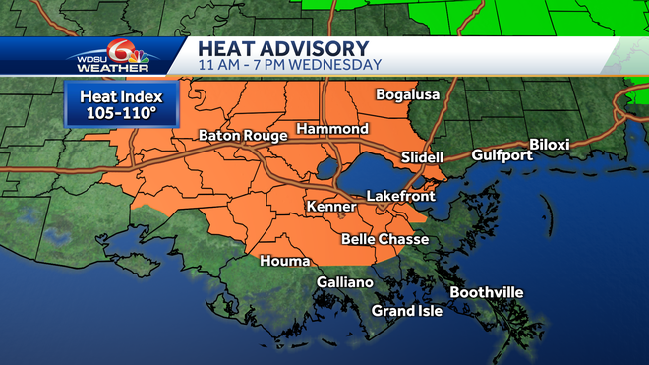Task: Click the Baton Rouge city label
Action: click(x=243, y=135)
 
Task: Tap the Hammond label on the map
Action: click(x=331, y=129)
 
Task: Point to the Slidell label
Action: click(x=423, y=157)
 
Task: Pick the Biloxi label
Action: click(x=549, y=144)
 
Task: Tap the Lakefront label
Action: click(x=400, y=197)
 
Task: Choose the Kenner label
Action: click(x=330, y=208)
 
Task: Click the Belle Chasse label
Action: click(x=382, y=239)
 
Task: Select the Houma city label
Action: click(x=284, y=261)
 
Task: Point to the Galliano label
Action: click(x=344, y=282)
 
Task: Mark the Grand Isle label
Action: click(x=406, y=311)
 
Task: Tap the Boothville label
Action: click(x=487, y=292)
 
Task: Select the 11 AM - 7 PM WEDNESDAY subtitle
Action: click(x=289, y=65)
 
